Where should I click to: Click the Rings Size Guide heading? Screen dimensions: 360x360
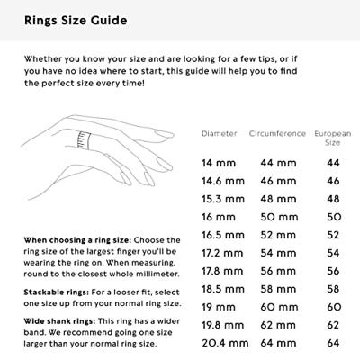(x=76, y=21)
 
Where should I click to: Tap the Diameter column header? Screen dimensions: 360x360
(x=220, y=133)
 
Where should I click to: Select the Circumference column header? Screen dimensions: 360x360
(x=277, y=133)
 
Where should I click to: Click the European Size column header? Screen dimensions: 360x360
(x=333, y=138)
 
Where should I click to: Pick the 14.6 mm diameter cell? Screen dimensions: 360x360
(x=223, y=181)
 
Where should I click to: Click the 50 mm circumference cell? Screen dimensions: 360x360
(x=279, y=217)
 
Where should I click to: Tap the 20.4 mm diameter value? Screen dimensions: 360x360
(x=225, y=343)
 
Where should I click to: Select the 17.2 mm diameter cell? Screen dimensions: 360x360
(x=222, y=253)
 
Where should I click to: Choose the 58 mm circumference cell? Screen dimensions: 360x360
(x=278, y=289)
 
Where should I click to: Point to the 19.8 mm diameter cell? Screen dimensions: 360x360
(x=223, y=325)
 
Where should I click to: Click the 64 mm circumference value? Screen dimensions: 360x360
(x=278, y=343)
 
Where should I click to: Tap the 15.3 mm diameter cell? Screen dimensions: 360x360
(x=223, y=199)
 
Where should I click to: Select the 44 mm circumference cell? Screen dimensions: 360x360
(x=278, y=163)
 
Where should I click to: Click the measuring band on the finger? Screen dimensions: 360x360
(x=85, y=139)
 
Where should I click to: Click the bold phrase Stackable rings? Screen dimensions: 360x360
(x=57, y=292)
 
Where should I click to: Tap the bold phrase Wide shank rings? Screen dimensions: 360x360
(x=59, y=321)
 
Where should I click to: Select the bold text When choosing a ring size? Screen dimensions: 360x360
(x=77, y=240)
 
